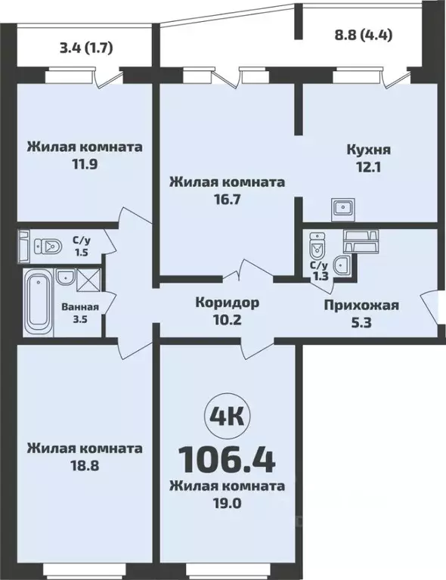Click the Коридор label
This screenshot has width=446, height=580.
[227, 302]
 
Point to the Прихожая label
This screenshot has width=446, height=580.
[361, 306]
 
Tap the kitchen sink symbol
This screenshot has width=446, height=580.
[344, 206]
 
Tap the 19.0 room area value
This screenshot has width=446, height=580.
[227, 502]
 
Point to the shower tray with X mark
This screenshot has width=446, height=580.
[87, 280]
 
